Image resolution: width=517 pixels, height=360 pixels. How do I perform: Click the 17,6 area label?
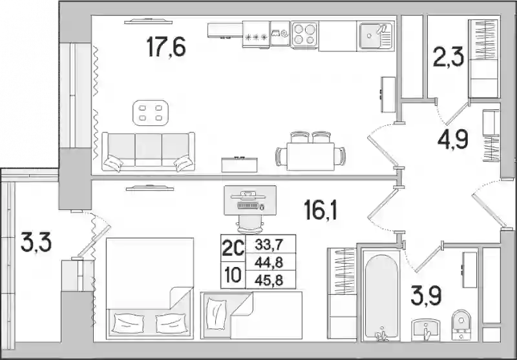[x=166, y=47]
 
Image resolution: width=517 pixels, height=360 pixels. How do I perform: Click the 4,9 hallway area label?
[x=453, y=139]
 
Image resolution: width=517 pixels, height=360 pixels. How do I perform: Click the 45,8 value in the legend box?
[x=269, y=281]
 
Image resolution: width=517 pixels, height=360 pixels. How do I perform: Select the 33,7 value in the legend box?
[x=269, y=244]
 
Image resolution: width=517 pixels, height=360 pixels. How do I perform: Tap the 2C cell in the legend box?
[x=233, y=248]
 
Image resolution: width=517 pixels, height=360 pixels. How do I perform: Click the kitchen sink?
[x=375, y=36]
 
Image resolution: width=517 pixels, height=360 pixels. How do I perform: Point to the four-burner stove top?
[x=304, y=35]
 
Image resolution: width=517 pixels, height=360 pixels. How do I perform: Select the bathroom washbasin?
[x=426, y=330]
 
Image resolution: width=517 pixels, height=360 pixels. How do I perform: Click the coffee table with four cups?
[x=151, y=112]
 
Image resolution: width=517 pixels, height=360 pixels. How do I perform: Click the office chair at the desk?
[x=250, y=224]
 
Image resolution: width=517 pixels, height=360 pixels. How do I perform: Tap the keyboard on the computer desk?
[x=248, y=206]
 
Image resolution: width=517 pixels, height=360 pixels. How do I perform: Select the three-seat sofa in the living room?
[x=149, y=152]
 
